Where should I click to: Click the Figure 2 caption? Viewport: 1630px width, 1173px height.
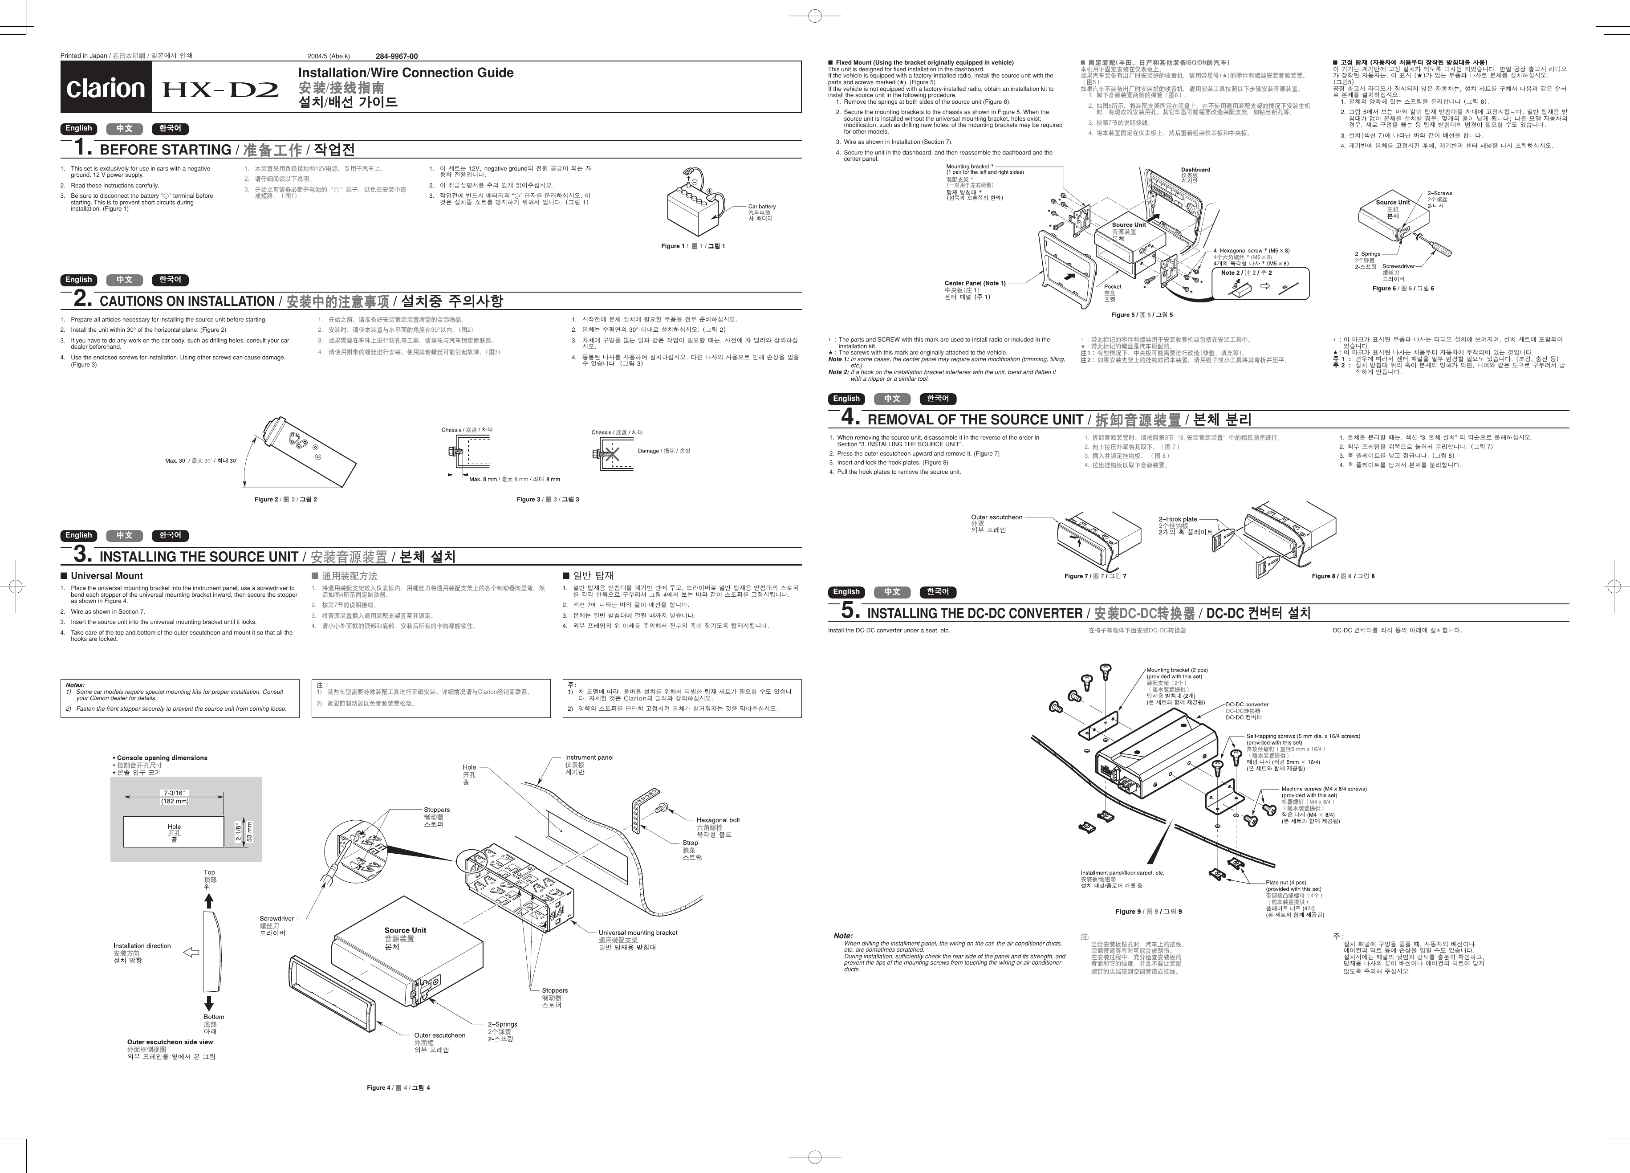pos(285,500)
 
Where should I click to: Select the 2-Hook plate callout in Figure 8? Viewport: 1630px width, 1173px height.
pos(1177,519)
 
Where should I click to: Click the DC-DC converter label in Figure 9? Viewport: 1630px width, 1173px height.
pos(1247,705)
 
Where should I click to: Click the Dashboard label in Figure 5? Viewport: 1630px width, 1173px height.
pos(1195,170)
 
